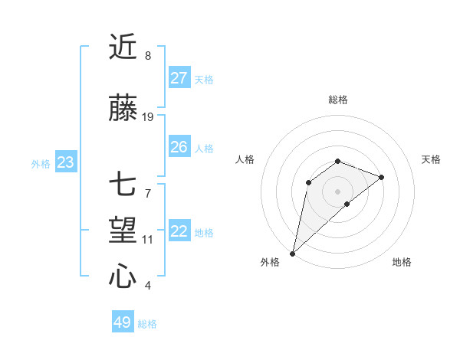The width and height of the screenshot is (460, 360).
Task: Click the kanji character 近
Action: tap(123, 47)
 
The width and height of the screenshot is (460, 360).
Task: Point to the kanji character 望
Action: tap(123, 230)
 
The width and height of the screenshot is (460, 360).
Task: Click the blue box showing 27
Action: tap(179, 78)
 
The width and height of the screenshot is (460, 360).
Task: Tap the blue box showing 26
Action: tap(179, 147)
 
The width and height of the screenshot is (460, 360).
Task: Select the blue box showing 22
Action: tap(179, 231)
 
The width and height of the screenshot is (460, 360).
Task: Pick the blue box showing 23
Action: tap(65, 162)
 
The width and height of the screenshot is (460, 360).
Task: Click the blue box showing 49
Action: tap(123, 322)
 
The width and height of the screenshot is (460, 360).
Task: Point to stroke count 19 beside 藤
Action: tap(148, 117)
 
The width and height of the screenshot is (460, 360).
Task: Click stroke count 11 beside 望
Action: tap(148, 240)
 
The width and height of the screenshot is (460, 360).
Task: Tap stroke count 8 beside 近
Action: tap(147, 56)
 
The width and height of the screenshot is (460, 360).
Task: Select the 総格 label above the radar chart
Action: tap(337, 100)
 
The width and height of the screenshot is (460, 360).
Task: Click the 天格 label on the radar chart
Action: tap(432, 159)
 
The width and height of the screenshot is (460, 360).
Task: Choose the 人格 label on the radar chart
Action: tap(245, 159)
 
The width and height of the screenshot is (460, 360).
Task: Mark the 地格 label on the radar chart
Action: tap(402, 262)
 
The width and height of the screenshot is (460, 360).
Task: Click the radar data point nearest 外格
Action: tap(292, 253)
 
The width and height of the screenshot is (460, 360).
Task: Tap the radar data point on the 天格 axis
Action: tap(381, 177)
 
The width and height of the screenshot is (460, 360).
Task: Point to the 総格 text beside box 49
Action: tap(147, 324)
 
